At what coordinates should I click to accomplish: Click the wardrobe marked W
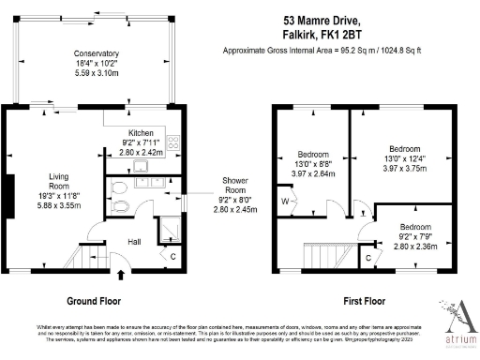[x=285, y=200]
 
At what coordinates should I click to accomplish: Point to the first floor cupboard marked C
[x=367, y=255]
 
